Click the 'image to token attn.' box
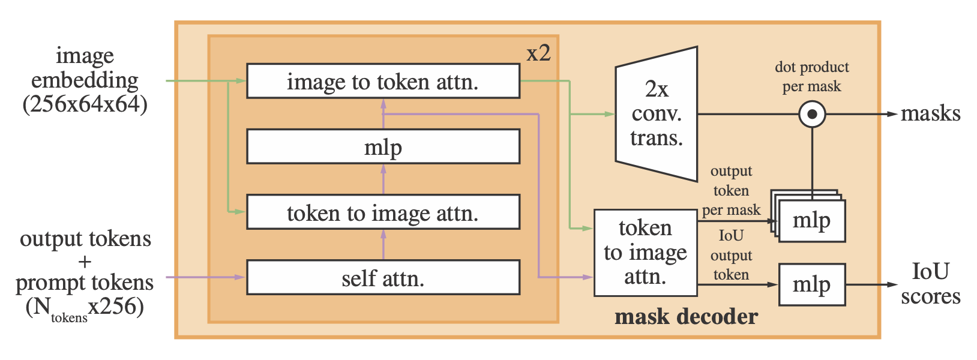(383, 81)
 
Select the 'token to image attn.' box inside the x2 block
(383, 212)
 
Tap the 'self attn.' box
(383, 277)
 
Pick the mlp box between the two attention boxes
(383, 146)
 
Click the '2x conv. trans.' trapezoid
(657, 114)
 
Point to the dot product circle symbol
(812, 114)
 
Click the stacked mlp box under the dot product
(812, 221)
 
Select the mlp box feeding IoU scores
(812, 284)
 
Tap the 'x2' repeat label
(538, 53)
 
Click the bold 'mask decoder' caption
(686, 316)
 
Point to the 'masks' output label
(930, 113)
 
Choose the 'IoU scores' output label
(930, 284)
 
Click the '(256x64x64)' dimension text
(85, 104)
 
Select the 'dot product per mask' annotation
(812, 76)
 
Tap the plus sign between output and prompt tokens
(85, 261)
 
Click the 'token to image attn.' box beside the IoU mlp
(645, 253)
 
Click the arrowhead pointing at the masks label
(892, 114)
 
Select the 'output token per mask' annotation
(731, 191)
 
